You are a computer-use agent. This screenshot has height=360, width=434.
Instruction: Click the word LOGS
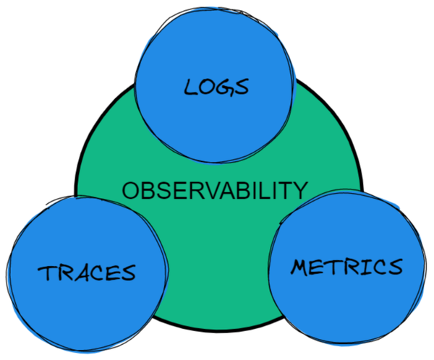pos(216,87)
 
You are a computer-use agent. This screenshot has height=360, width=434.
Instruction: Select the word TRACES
pos(87,273)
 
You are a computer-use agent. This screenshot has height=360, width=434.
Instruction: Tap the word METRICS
pos(346,267)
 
